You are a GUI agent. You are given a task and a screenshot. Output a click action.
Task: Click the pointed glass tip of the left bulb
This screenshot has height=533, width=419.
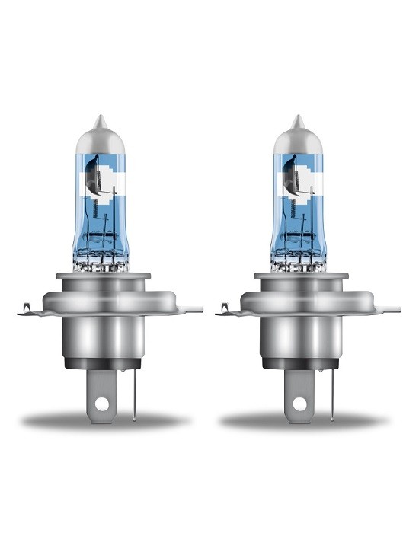click(99, 120)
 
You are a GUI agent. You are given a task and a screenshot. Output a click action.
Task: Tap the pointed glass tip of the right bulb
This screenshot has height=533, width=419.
click(297, 120)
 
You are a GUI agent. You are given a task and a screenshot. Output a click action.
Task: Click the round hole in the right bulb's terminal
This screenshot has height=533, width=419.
click(298, 401)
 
